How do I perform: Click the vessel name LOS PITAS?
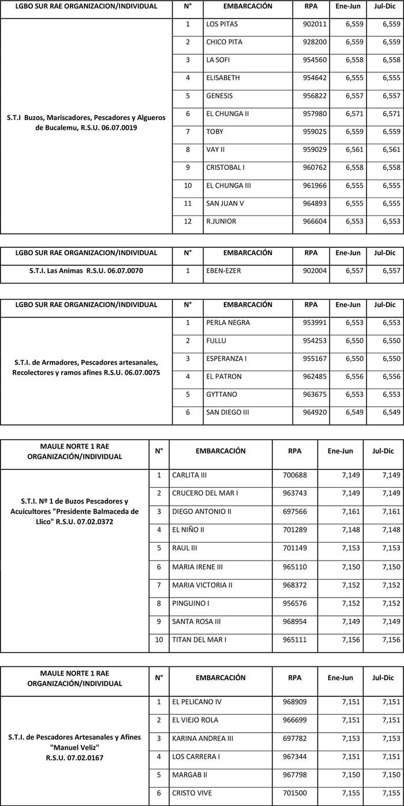(222, 25)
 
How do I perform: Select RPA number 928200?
(314, 43)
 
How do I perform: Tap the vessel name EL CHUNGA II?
(227, 114)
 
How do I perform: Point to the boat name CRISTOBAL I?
(226, 168)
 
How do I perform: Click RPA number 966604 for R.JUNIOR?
(314, 222)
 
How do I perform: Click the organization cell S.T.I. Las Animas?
(86, 270)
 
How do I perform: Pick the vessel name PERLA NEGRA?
(228, 323)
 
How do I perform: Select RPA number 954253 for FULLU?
(314, 341)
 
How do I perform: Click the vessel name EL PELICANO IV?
(197, 702)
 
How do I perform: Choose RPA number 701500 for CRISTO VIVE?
(295, 793)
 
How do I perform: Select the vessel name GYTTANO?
(221, 395)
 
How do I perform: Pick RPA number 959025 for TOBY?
(314, 132)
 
